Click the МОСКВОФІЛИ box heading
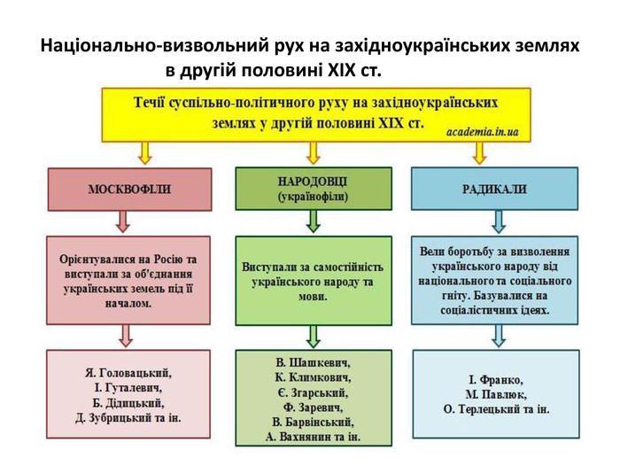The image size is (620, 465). (x=129, y=190)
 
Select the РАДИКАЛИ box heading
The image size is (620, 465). (x=494, y=189)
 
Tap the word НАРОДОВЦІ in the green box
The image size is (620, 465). (x=313, y=182)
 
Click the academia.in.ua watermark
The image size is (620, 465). (x=482, y=131)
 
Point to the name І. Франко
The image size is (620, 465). (x=496, y=380)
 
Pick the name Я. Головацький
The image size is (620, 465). (x=128, y=373)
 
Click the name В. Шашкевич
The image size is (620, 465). (x=313, y=362)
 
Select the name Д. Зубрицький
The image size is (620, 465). (x=114, y=417)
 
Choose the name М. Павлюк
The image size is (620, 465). (x=496, y=394)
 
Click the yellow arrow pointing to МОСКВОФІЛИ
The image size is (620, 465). (x=144, y=153)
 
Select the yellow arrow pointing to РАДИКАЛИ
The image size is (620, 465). (x=479, y=153)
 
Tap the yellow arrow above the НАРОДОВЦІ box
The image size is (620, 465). (x=313, y=153)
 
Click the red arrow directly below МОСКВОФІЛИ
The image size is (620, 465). (x=123, y=221)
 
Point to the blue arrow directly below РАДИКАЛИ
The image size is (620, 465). (x=498, y=221)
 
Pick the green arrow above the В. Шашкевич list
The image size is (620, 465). (x=313, y=337)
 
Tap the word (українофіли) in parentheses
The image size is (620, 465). (x=313, y=197)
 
